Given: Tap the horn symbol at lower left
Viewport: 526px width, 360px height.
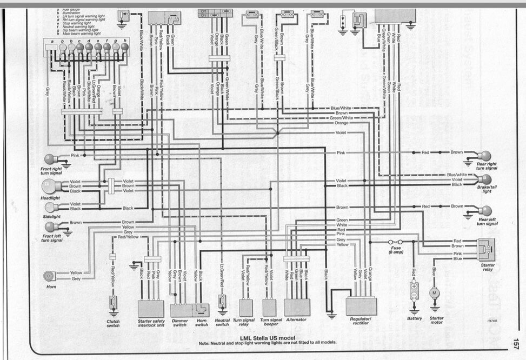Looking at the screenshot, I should (x=49, y=276).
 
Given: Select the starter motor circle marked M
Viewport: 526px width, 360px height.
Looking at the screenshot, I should (x=434, y=292).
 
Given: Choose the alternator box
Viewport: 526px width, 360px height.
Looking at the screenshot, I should (x=297, y=307).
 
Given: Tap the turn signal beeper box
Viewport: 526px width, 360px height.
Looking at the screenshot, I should (x=269, y=307).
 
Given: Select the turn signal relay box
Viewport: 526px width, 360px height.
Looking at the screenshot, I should (x=246, y=307).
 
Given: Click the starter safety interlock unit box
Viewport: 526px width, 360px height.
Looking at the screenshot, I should (x=151, y=308).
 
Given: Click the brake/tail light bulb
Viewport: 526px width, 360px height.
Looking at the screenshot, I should (x=485, y=179).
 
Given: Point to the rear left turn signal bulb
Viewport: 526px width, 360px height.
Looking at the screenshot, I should (x=485, y=210).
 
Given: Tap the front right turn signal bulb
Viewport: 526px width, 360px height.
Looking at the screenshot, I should (x=51, y=159).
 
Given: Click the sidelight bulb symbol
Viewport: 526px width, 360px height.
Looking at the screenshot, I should (x=52, y=206).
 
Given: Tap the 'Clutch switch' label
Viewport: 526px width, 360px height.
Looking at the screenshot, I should (x=114, y=323).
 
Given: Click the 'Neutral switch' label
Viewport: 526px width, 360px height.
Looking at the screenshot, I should (x=222, y=323).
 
